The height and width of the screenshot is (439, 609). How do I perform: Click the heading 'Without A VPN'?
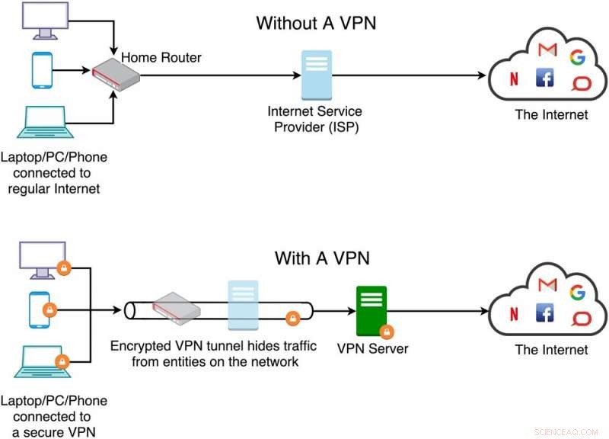(316, 23)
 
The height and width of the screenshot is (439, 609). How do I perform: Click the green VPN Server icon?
(371, 309)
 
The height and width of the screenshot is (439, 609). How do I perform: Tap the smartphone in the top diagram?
(43, 70)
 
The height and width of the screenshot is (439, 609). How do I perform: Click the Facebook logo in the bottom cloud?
(545, 312)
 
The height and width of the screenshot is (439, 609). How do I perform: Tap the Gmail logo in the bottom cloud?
(547, 285)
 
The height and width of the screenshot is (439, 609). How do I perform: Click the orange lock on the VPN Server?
(386, 332)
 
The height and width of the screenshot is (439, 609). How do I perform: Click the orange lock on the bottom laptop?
(62, 361)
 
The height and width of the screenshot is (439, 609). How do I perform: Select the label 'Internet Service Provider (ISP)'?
(313, 120)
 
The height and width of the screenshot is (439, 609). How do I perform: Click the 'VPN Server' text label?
(373, 349)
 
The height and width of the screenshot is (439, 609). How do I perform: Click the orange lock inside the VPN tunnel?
(291, 318)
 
